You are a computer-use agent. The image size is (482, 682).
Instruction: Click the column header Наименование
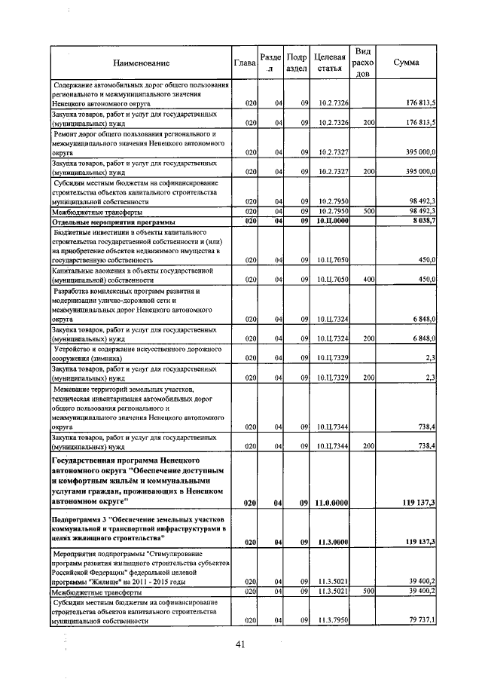(142, 63)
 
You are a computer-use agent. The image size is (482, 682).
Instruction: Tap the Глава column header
(245, 63)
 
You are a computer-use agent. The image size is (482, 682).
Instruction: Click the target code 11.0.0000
(331, 503)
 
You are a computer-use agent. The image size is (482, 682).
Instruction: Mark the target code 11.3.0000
(331, 541)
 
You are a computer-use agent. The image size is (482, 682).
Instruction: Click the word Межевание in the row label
(74, 389)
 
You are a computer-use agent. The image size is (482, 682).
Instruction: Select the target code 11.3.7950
(331, 621)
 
